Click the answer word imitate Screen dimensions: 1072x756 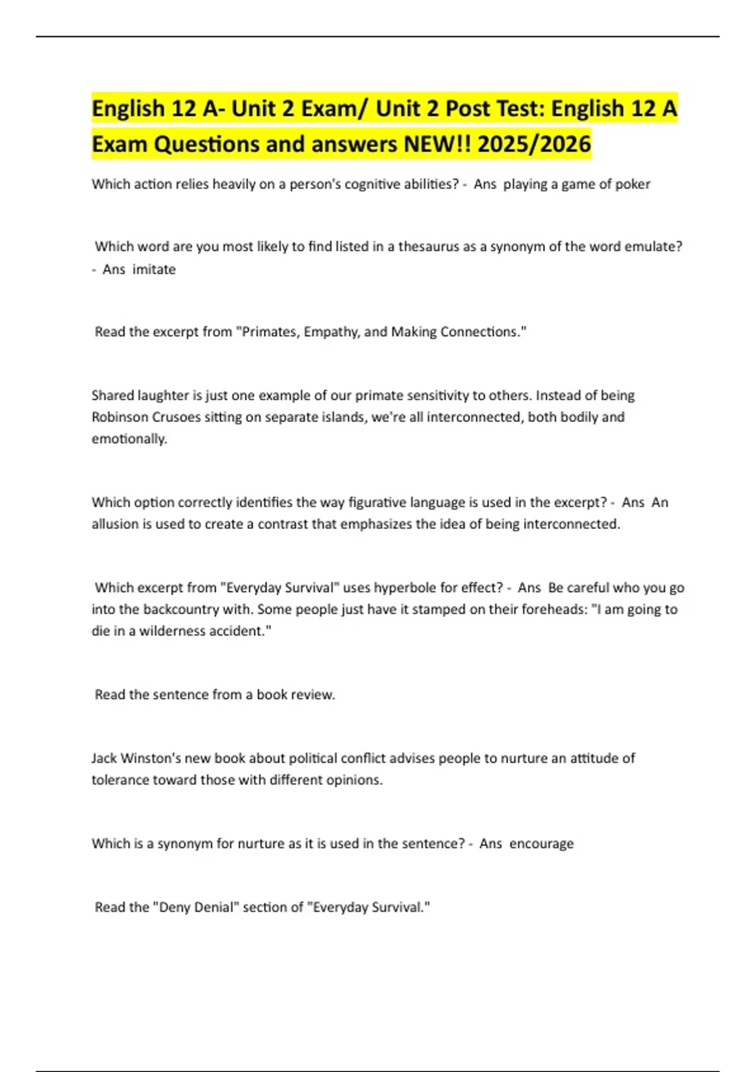[154, 269]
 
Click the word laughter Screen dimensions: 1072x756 [159, 395]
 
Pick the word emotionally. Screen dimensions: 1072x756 [129, 438]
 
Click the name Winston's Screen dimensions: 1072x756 [150, 758]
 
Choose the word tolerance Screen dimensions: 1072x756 [121, 780]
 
